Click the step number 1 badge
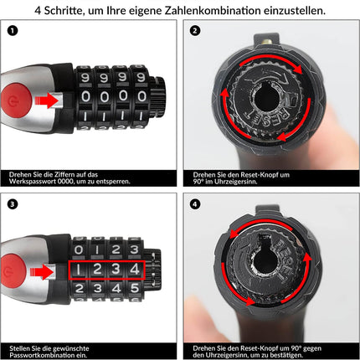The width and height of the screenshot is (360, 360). click(x=12, y=32)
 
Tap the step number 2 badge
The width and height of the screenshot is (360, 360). click(x=195, y=32)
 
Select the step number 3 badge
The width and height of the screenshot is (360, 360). click(x=12, y=203)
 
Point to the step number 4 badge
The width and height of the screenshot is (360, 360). click(x=195, y=203)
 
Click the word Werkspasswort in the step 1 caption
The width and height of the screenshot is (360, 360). click(x=33, y=181)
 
